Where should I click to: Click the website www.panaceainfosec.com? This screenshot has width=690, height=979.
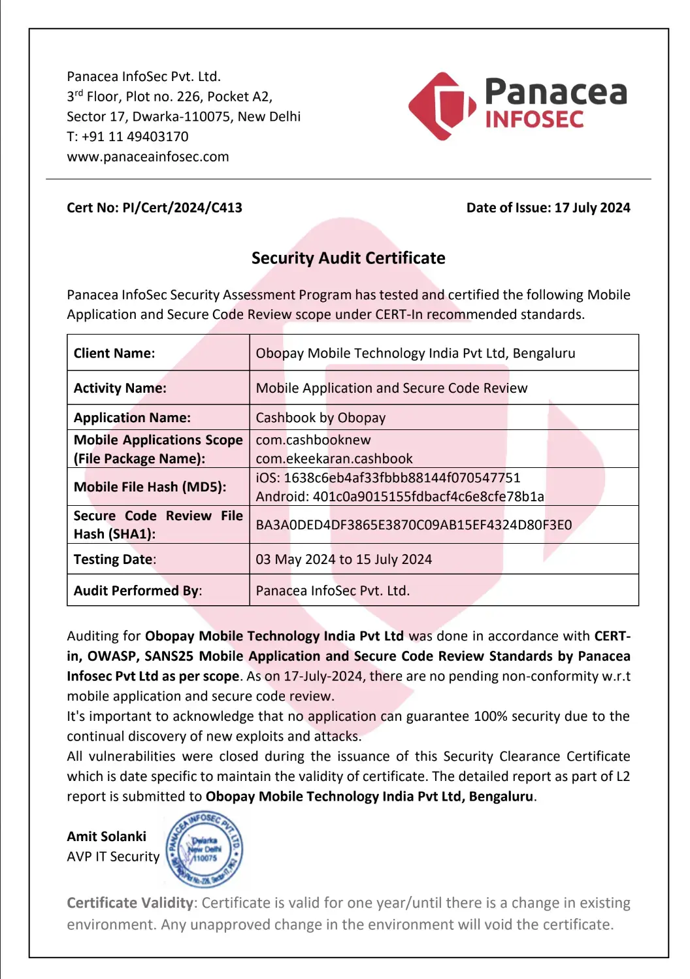pyautogui.click(x=148, y=157)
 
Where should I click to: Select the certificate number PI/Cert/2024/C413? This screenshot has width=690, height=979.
pyautogui.click(x=182, y=208)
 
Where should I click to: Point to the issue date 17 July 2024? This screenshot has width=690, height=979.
pyautogui.click(x=592, y=208)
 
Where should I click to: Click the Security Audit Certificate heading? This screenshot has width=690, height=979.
pyautogui.click(x=348, y=258)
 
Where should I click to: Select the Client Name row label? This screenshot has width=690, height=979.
pyautogui.click(x=114, y=354)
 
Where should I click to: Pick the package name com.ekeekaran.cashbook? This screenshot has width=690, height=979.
pyautogui.click(x=334, y=459)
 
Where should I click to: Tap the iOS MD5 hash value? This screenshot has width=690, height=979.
pyautogui.click(x=402, y=478)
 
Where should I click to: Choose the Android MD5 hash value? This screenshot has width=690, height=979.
pyautogui.click(x=428, y=497)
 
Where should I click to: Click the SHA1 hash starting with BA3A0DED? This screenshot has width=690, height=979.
pyautogui.click(x=414, y=525)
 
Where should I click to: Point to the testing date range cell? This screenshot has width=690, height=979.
pyautogui.click(x=344, y=559)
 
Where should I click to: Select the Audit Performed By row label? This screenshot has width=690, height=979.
pyautogui.click(x=138, y=591)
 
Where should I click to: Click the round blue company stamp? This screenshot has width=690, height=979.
pyautogui.click(x=204, y=849)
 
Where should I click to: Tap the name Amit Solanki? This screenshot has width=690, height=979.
pyautogui.click(x=107, y=837)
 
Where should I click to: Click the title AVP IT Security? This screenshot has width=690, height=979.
pyautogui.click(x=113, y=857)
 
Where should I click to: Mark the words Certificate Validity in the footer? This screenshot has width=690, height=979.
pyautogui.click(x=130, y=903)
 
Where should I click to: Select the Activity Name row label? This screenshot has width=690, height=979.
pyautogui.click(x=120, y=388)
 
